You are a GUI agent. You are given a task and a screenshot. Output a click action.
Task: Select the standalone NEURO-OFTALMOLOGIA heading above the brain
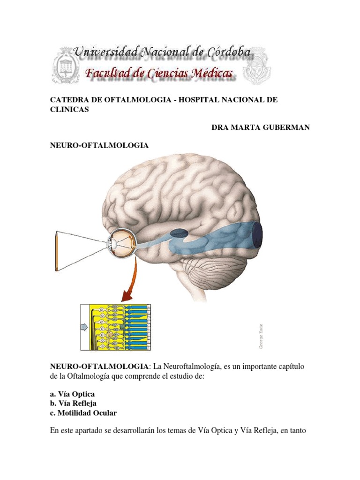pos(99,145)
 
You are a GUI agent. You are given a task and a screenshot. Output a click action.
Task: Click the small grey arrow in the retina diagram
pos(85,327)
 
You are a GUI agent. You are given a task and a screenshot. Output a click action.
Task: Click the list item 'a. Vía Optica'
pos(72,394)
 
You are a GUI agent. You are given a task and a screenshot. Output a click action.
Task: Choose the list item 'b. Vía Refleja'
pos(74,403)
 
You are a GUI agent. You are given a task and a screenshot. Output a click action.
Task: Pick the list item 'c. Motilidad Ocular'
pos(83,412)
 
